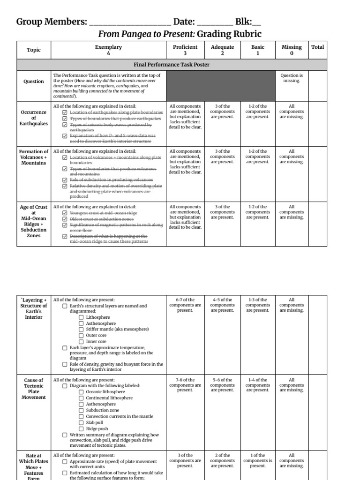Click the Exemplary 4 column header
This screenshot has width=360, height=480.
point(108,50)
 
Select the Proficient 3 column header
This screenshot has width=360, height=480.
point(185,50)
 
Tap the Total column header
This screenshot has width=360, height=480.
point(317,47)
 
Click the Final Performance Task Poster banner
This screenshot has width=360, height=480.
point(171,65)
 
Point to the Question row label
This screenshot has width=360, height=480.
point(34,81)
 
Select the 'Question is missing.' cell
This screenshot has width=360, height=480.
point(291,78)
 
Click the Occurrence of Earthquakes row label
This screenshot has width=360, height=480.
point(34,118)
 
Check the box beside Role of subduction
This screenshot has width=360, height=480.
point(65,180)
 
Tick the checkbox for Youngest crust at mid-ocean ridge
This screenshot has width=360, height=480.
point(65,213)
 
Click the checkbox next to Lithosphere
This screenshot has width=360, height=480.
point(82,317)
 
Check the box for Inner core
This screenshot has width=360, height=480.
point(82,342)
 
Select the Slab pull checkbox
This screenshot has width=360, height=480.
point(82,422)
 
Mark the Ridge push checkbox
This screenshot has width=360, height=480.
point(82,428)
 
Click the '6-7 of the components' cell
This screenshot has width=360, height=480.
point(185,305)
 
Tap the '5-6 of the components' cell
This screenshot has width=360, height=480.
point(222,385)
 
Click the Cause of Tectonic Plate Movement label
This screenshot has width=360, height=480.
point(34,389)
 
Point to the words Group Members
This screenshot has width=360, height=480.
point(52,22)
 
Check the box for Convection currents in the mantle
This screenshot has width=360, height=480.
point(82,416)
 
